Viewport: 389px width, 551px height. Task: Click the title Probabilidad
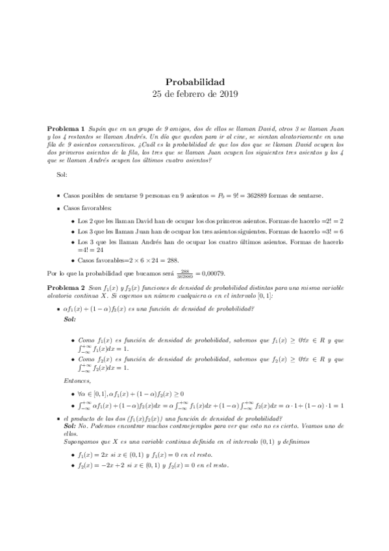[x=195, y=82]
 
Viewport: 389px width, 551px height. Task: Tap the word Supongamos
[x=81, y=441]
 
